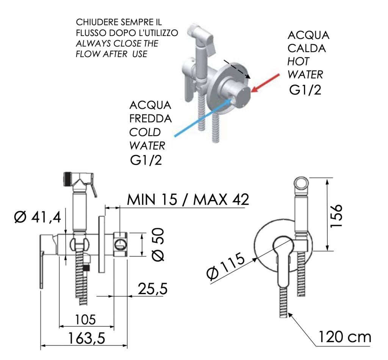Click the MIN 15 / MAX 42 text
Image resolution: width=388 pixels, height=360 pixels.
[188, 199]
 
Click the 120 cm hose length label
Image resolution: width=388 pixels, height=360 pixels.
[344, 337]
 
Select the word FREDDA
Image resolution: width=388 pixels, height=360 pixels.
[150, 118]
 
